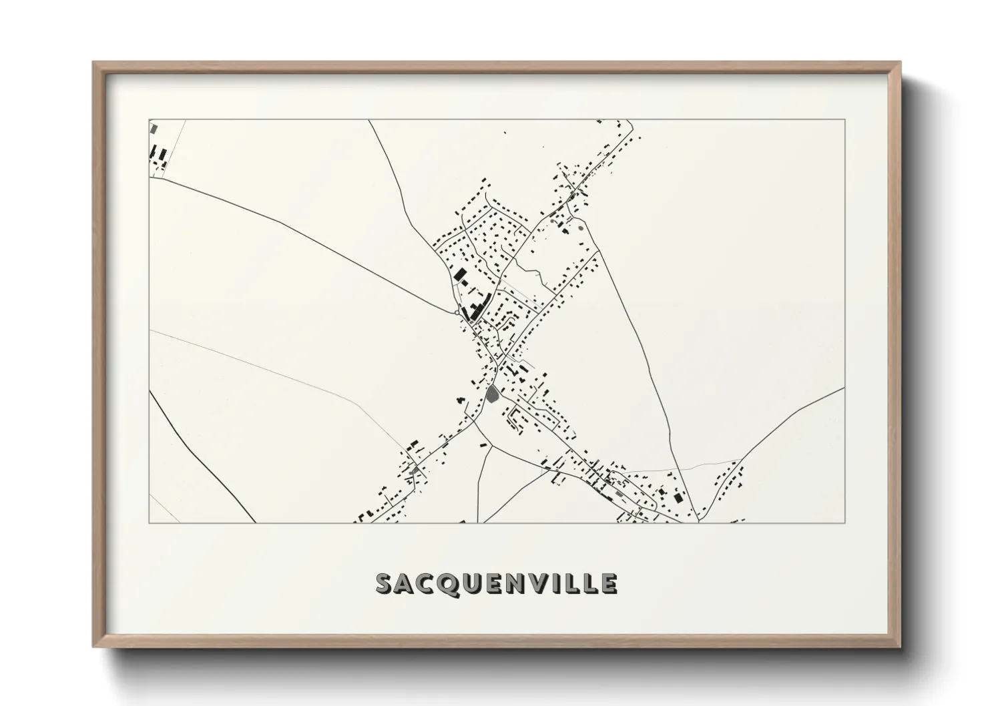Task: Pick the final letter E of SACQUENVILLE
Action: pyautogui.click(x=608, y=584)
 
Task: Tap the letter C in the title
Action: pyautogui.click(x=421, y=584)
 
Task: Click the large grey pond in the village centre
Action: pyautogui.click(x=493, y=395)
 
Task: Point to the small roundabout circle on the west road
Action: pyautogui.click(x=457, y=312)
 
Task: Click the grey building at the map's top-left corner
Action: pyautogui.click(x=154, y=128)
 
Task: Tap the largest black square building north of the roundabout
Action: pyautogui.click(x=459, y=274)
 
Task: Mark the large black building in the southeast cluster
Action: pyautogui.click(x=678, y=498)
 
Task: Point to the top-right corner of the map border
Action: pyautogui.click(x=845, y=119)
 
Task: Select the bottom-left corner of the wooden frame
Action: pyautogui.click(x=94, y=647)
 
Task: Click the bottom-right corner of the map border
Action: pyautogui.click(x=845, y=522)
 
